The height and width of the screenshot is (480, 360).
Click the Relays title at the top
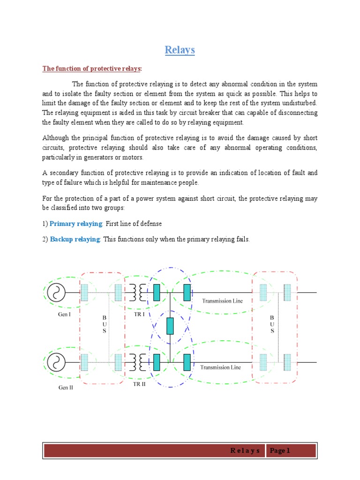tap(180, 50)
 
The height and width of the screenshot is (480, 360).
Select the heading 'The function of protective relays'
tap(92, 69)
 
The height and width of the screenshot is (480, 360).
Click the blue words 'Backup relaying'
tap(75, 239)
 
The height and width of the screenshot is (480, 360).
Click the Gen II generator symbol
tap(56, 362)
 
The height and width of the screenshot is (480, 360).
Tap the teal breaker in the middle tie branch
tap(170, 326)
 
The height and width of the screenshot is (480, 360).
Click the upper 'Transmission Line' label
tap(222, 301)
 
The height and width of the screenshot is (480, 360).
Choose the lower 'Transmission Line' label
tap(220, 367)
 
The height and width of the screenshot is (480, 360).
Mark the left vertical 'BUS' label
tap(105, 324)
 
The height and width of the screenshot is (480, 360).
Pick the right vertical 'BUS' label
tap(272, 324)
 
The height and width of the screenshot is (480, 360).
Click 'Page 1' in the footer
tap(280, 451)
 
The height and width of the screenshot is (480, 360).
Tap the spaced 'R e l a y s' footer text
tap(245, 451)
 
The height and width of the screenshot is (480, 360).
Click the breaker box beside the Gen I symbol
tap(85, 293)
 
